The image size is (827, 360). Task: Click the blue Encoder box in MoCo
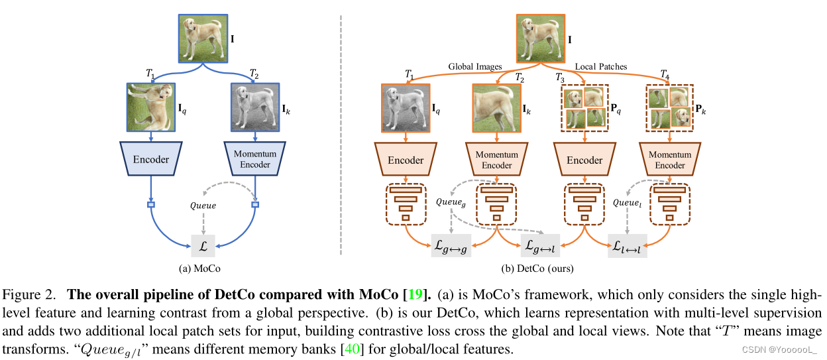[151, 159]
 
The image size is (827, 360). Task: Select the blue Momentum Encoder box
[255, 159]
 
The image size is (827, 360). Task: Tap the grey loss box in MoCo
[203, 245]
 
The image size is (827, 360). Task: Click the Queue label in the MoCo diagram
[203, 206]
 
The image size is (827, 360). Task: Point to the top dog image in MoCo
[202, 39]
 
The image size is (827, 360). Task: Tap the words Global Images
[475, 66]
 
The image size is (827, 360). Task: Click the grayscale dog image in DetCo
[406, 107]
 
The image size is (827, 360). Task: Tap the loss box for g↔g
[451, 245]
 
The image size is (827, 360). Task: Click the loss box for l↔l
[628, 245]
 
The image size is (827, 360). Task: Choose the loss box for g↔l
[541, 245]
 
